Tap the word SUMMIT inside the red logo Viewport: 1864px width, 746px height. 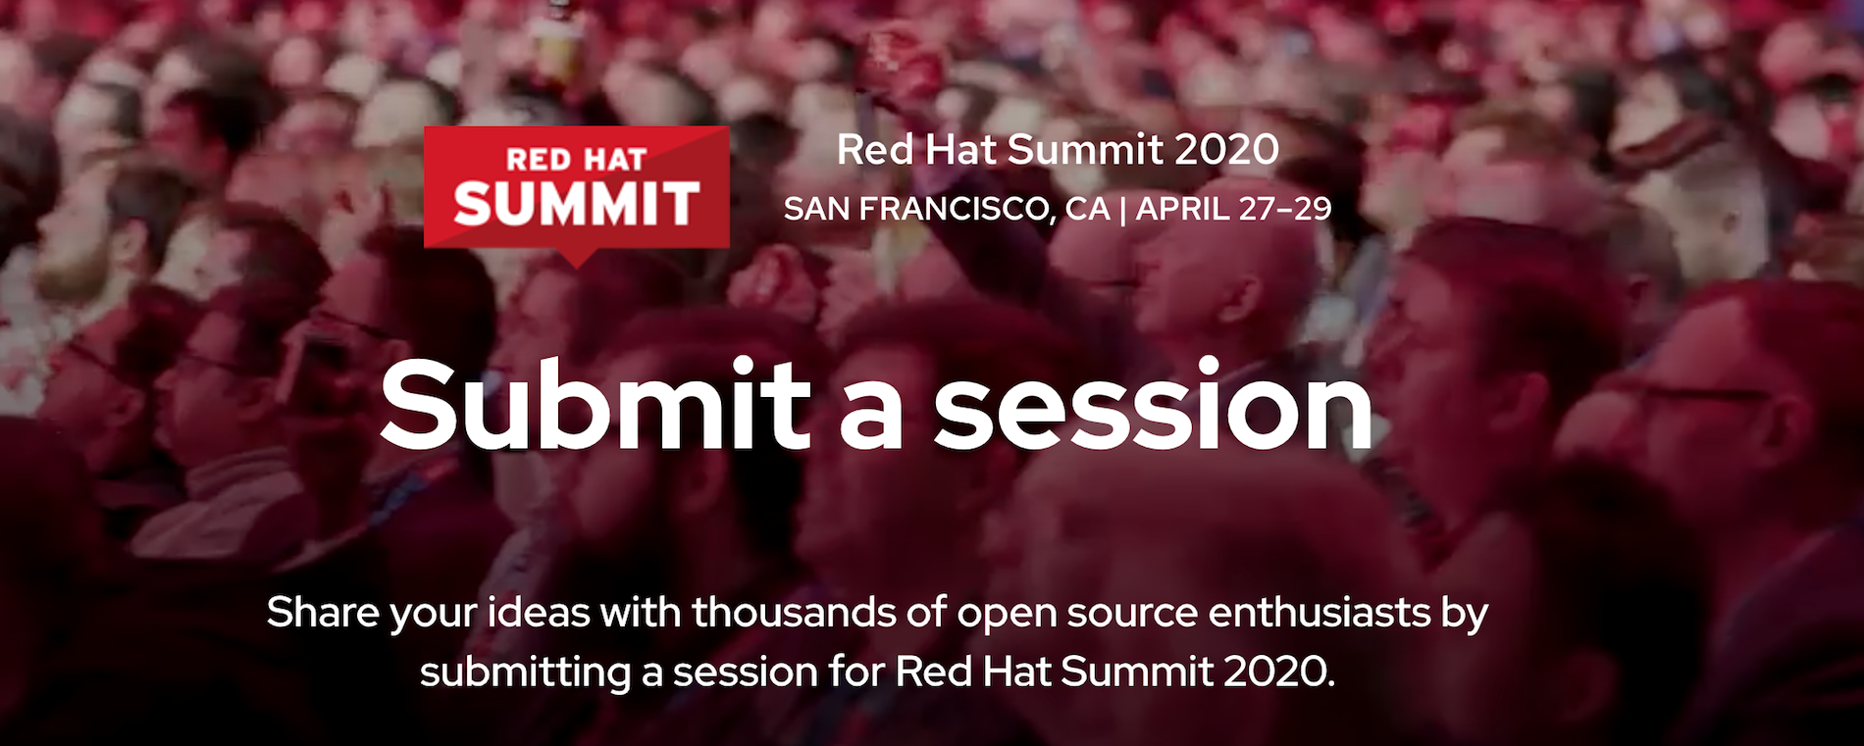[576, 204]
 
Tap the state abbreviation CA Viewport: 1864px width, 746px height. [1087, 209]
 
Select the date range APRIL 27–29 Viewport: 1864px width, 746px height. [1234, 209]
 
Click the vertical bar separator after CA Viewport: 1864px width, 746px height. [1123, 210]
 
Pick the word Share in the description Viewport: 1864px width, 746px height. [323, 613]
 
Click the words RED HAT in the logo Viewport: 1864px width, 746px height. [576, 159]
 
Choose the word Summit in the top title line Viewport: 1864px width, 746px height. [1085, 150]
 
